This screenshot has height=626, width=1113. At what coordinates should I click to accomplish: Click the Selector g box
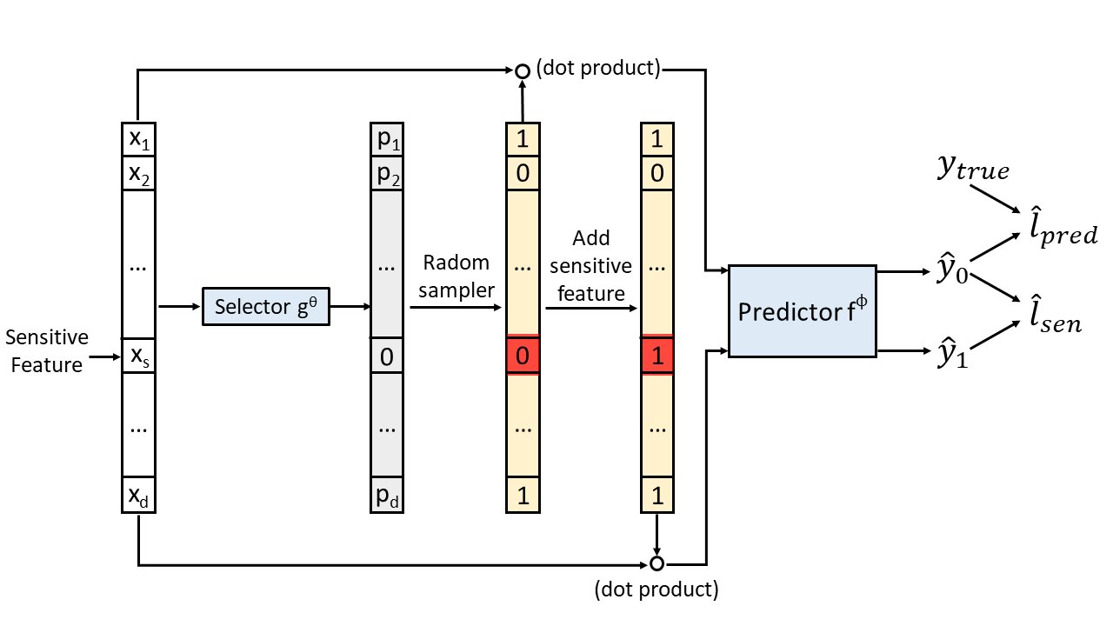[x=266, y=307]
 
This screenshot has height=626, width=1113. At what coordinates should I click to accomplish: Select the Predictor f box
[x=802, y=311]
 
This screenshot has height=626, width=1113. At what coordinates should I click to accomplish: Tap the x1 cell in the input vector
[x=138, y=139]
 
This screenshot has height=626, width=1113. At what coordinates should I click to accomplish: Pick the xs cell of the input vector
[x=138, y=356]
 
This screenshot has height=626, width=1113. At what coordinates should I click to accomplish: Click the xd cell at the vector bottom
[x=138, y=495]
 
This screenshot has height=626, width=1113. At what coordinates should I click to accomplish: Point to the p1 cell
[x=387, y=139]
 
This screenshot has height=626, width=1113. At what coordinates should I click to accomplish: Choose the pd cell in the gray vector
[x=387, y=495]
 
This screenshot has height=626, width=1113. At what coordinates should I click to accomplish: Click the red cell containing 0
[x=523, y=356]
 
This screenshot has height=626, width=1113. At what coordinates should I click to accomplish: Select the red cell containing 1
[x=657, y=356]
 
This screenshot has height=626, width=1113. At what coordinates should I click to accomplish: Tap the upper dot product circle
[x=523, y=71]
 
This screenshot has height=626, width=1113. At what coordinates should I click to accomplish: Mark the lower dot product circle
[x=656, y=564]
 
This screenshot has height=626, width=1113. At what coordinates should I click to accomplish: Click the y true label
[x=973, y=168]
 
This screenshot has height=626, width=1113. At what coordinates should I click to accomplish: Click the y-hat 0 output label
[x=952, y=269]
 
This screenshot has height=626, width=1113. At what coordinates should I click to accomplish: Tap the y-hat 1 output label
[x=952, y=353]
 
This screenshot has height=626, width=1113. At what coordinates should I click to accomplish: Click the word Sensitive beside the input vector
[x=47, y=337]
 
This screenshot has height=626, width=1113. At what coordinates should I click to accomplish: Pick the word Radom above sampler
[x=457, y=263]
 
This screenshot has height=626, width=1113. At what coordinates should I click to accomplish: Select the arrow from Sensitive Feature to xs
[x=105, y=356]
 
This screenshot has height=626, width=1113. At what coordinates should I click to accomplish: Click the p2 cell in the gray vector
[x=387, y=173]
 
